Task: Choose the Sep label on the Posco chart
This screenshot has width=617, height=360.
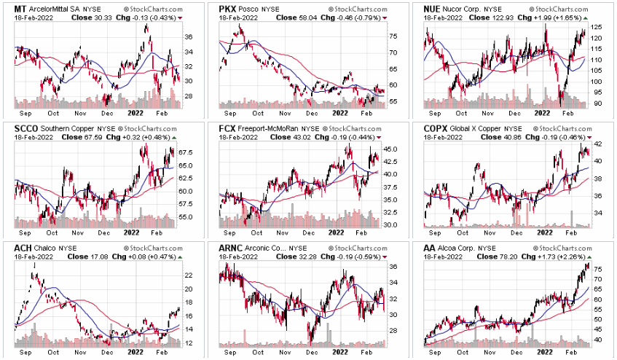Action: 231,113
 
